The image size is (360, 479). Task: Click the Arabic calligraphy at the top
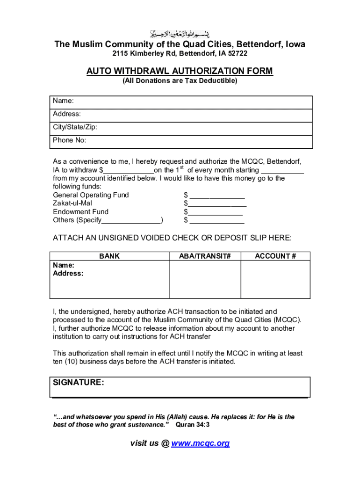click(x=180, y=34)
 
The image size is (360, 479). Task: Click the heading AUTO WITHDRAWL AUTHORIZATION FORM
click(x=180, y=71)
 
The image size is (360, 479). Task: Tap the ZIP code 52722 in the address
click(x=238, y=54)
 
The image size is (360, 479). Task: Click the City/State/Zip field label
click(x=75, y=127)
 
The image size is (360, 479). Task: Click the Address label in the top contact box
click(x=67, y=114)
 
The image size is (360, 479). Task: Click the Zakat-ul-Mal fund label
click(x=72, y=203)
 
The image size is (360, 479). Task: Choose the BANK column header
click(x=109, y=256)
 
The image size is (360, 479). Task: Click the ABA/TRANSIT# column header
click(x=205, y=256)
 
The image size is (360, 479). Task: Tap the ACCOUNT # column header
click(x=275, y=256)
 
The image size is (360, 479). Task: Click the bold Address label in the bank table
click(x=68, y=274)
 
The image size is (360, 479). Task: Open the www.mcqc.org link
click(x=201, y=443)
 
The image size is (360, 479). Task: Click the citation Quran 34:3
click(x=193, y=425)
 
